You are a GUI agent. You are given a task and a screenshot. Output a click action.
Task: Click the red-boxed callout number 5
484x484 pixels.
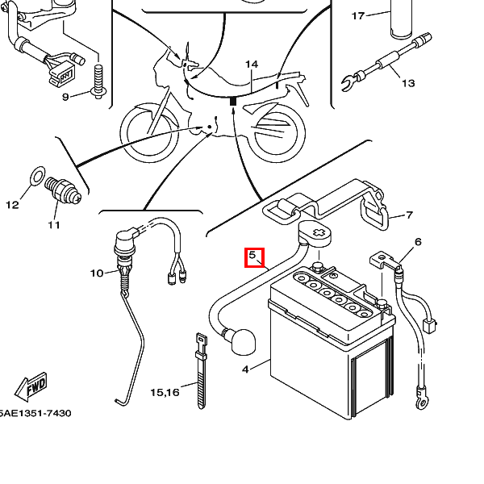252,255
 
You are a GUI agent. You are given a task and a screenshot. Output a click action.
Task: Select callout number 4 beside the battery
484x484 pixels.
245,369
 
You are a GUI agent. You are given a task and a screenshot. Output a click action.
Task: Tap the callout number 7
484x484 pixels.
409,215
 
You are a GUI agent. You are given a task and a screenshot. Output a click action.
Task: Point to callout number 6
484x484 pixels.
418,242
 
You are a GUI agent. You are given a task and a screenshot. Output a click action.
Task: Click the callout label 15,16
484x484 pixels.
165,392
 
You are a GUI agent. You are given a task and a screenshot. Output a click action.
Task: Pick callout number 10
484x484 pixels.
97,273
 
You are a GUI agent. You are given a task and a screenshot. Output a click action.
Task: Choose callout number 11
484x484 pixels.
54,225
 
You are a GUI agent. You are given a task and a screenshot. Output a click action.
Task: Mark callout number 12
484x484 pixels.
12,205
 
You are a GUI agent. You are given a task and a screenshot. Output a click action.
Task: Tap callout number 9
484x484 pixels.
65,97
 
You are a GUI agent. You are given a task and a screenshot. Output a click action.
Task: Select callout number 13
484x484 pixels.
408,83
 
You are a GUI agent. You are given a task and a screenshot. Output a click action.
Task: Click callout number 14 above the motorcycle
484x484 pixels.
252,65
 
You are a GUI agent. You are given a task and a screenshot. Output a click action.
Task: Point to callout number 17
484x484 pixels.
358,16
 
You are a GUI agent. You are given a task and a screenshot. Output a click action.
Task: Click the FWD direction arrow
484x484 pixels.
31,387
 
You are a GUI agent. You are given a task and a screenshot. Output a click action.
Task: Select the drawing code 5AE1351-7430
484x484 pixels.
35,413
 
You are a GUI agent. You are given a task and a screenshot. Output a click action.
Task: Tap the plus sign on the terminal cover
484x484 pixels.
319,233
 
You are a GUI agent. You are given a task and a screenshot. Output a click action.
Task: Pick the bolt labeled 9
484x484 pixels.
98,81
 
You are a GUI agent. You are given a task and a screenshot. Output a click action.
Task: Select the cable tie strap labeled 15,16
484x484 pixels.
201,371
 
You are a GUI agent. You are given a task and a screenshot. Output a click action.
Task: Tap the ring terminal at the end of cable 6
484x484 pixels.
422,402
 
